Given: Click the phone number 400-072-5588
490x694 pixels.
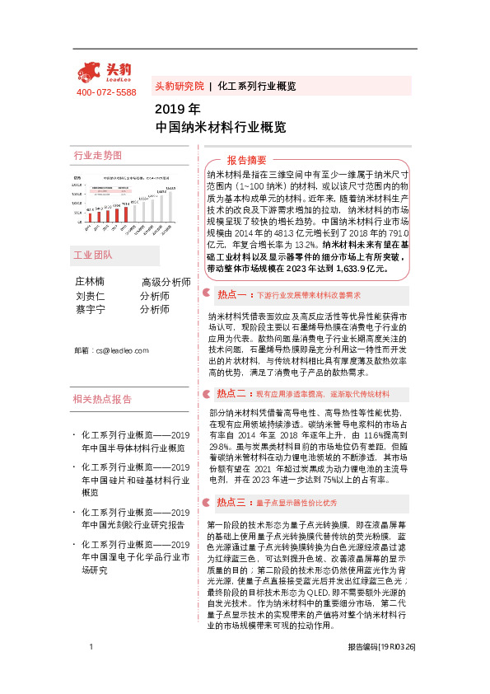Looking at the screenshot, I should pyautogui.click(x=105, y=92).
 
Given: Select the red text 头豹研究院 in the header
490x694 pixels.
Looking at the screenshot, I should pyautogui.click(x=179, y=86).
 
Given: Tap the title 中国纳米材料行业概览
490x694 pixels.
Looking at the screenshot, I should pyautogui.click(x=220, y=128).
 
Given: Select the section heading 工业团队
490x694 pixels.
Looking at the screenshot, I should pyautogui.click(x=92, y=255).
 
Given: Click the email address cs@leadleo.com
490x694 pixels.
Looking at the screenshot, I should pyautogui.click(x=111, y=350).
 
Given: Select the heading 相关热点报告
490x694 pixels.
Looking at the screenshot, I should pyautogui.click(x=103, y=399).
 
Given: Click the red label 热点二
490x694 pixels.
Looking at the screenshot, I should pyautogui.click(x=231, y=393).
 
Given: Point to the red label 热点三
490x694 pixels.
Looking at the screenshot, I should pyautogui.click(x=231, y=502).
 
